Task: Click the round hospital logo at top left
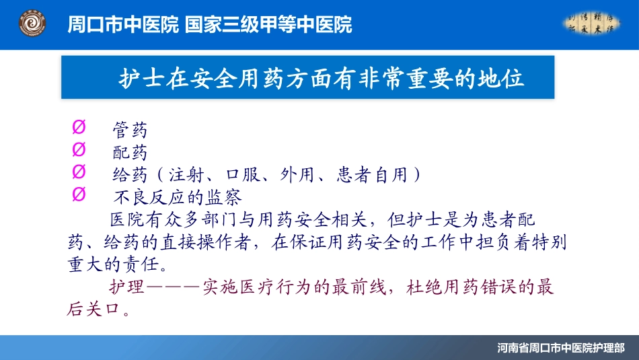pos(32,25)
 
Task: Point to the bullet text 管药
pos(130,131)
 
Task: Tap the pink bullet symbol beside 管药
pos(78,128)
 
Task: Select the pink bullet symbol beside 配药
pos(78,149)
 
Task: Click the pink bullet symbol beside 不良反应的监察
pos(78,194)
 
